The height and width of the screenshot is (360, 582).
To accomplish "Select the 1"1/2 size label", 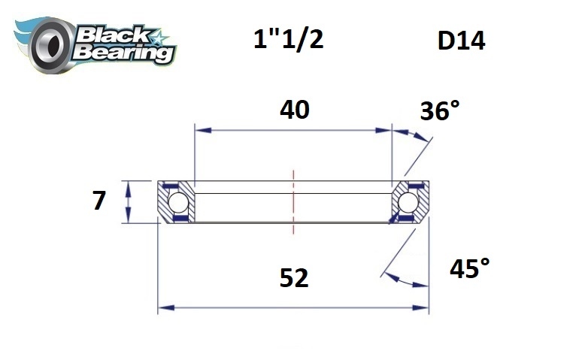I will pyautogui.click(x=289, y=39).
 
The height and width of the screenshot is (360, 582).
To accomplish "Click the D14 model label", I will pyautogui.click(x=461, y=41).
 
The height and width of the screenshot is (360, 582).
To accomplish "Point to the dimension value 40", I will pyautogui.click(x=294, y=110).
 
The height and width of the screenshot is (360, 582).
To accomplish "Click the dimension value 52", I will pyautogui.click(x=294, y=278).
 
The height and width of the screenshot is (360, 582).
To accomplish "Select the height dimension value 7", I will pyautogui.click(x=99, y=201).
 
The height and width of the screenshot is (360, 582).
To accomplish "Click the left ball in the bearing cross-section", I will pyautogui.click(x=177, y=202).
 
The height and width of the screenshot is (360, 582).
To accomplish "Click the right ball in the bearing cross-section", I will pyautogui.click(x=410, y=202).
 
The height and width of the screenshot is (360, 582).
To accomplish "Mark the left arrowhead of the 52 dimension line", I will pyautogui.click(x=164, y=307).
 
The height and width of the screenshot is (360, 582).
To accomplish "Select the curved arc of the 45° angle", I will pyautogui.click(x=406, y=282).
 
